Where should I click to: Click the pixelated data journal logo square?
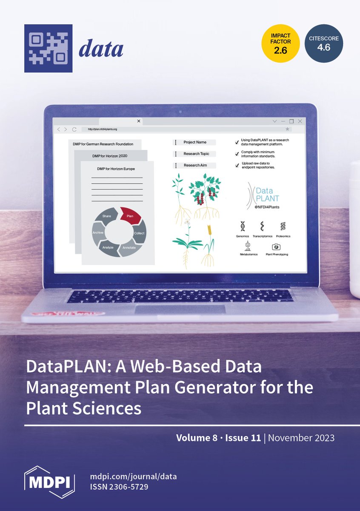click(48, 48)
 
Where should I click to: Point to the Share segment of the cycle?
click(107, 215)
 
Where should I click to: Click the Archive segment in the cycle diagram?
click(98, 233)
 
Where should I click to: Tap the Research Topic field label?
click(196, 154)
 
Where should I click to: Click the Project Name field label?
click(195, 142)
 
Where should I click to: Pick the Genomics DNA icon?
click(243, 226)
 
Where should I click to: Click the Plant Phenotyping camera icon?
click(276, 247)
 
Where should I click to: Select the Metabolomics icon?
click(247, 246)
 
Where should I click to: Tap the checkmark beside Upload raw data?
click(237, 166)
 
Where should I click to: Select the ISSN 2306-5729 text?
click(120, 487)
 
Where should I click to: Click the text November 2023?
click(301, 438)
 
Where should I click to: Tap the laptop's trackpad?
click(180, 310)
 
